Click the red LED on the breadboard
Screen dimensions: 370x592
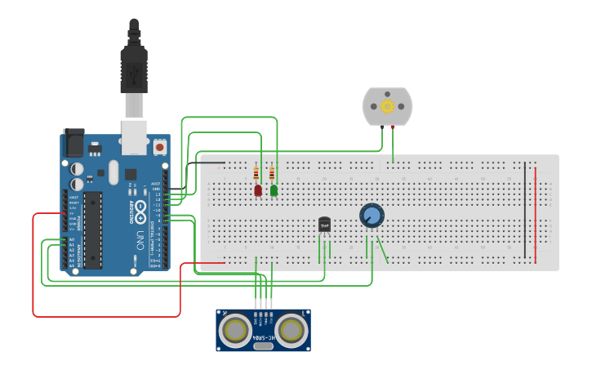[x=258, y=190]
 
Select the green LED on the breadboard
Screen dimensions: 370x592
[x=274, y=190]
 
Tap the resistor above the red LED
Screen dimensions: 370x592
[x=257, y=174]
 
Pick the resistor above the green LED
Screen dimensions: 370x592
[x=272, y=174]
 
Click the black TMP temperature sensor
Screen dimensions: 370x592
[x=324, y=224]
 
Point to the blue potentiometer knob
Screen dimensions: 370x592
[x=372, y=216]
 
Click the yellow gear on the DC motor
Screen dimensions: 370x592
[x=387, y=106]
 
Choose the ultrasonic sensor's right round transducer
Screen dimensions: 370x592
[x=290, y=330]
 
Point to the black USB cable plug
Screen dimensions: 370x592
[x=134, y=69]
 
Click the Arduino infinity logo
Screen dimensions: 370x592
[x=140, y=207]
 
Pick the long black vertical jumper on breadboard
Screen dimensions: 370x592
[x=525, y=211]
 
